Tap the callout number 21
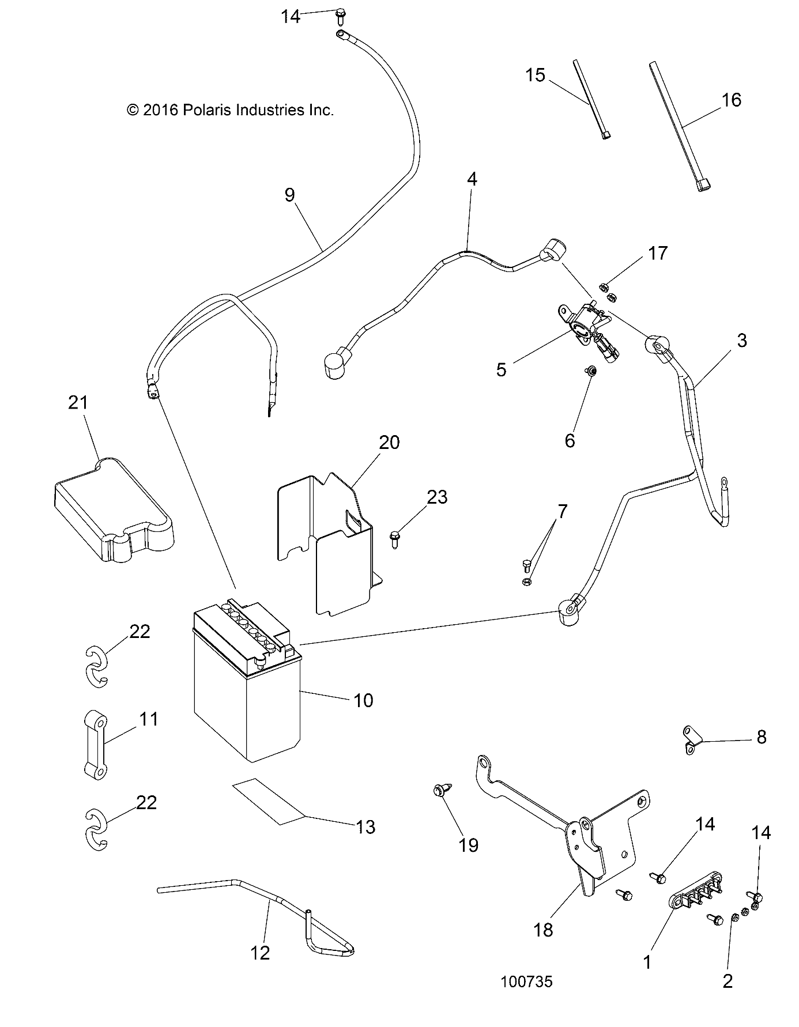[x=78, y=402]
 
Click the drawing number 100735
[x=526, y=981]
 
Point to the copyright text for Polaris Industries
[x=230, y=110]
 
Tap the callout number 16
[x=731, y=100]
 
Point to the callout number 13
[x=366, y=826]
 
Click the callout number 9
[x=289, y=195]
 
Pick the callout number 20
[x=389, y=442]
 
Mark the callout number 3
[x=741, y=340]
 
